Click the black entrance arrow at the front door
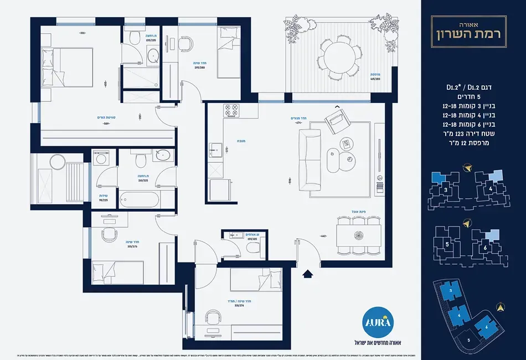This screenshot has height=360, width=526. click(x=308, y=272)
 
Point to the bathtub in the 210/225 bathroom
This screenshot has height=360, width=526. click(x=139, y=198)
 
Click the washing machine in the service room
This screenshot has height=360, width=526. click(x=101, y=158)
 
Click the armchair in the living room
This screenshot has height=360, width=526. click(x=336, y=120)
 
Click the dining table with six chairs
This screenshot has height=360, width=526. click(x=359, y=234)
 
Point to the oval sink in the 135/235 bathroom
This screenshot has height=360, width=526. click(x=153, y=54)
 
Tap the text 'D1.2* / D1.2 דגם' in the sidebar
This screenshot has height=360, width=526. click(x=473, y=87)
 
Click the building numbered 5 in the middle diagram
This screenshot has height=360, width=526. click(x=447, y=243)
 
